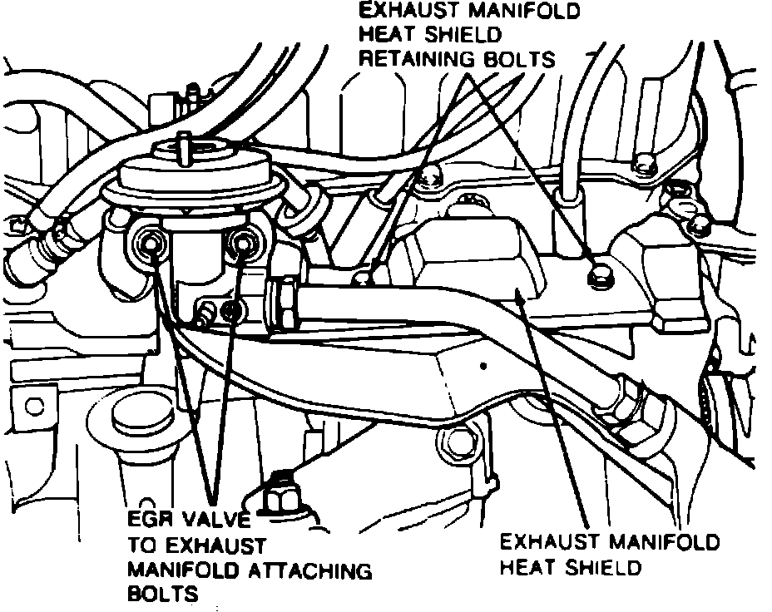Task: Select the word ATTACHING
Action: click(x=319, y=571)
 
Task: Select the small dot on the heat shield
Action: click(x=482, y=365)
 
